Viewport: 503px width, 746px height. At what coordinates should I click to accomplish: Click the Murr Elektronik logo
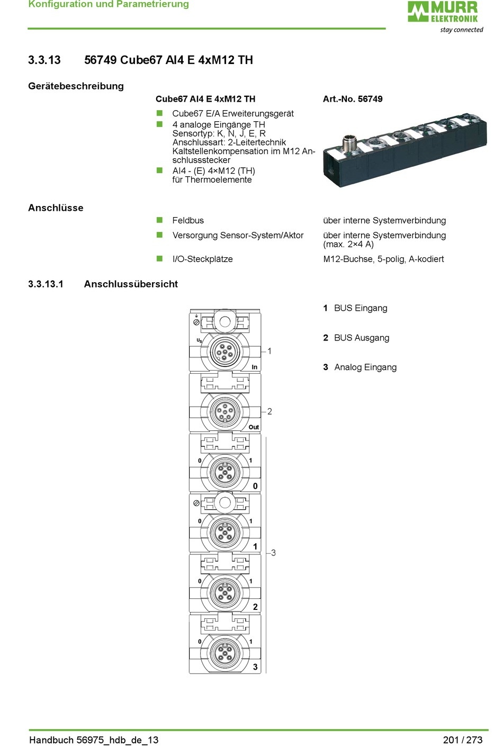click(443, 12)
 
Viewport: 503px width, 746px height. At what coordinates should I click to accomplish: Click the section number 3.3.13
click(44, 60)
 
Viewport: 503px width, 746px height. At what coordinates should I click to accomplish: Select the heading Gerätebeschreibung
click(76, 86)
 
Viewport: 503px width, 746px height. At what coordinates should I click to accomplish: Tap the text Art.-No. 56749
click(353, 99)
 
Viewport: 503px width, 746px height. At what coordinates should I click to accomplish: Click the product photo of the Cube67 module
click(405, 150)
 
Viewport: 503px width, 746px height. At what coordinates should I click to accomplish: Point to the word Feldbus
click(188, 220)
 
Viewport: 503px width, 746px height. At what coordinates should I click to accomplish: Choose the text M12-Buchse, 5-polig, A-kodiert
click(383, 259)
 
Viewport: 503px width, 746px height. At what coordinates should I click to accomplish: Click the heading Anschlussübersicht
click(131, 284)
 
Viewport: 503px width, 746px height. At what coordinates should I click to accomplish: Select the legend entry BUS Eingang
click(361, 308)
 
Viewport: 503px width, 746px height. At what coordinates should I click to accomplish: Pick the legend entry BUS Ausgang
click(362, 338)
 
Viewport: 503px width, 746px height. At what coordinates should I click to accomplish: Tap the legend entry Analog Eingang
click(365, 367)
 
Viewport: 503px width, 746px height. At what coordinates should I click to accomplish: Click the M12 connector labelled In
click(225, 351)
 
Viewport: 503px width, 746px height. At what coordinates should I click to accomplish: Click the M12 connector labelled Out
click(225, 411)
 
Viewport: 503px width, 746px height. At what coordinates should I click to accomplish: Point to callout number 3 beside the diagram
click(273, 553)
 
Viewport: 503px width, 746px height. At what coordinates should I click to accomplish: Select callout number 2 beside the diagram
click(270, 411)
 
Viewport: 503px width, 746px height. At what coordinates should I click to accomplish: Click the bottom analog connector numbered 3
click(225, 652)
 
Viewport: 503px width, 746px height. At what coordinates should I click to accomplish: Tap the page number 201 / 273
click(463, 740)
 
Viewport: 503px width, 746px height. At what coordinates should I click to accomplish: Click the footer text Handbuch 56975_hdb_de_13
click(94, 740)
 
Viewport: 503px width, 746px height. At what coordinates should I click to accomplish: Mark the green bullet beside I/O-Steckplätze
click(159, 258)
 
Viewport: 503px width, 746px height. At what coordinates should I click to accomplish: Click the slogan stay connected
click(462, 30)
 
